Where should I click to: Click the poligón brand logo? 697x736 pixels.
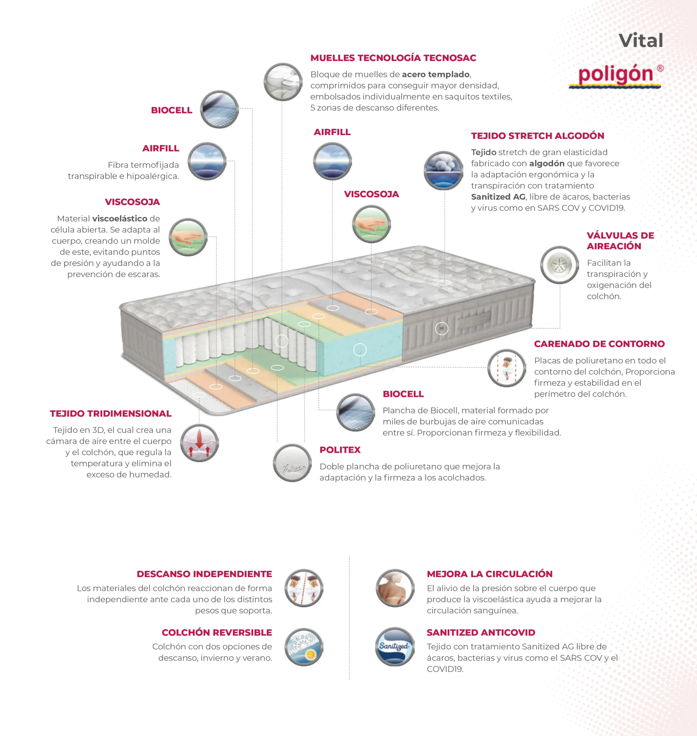click(x=615, y=75)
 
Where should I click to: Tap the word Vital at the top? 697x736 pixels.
click(x=641, y=41)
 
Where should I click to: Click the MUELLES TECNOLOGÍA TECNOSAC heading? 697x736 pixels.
click(x=393, y=58)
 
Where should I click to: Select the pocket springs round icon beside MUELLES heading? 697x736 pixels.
click(x=283, y=82)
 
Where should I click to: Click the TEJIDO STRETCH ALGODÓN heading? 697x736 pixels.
click(x=537, y=136)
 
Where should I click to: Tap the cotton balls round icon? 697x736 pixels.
click(x=443, y=170)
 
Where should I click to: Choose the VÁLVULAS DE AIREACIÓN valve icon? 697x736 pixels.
click(x=559, y=265)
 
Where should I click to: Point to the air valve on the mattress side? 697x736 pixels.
click(x=441, y=328)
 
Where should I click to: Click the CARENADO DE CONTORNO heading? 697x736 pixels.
click(x=599, y=344)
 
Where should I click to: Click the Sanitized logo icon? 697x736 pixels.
click(x=395, y=647)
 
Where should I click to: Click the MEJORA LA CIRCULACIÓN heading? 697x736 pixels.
click(x=489, y=574)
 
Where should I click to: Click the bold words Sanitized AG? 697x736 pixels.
click(x=498, y=197)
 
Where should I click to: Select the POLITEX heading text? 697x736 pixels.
click(x=340, y=450)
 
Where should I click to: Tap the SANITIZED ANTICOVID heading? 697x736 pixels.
click(x=481, y=632)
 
